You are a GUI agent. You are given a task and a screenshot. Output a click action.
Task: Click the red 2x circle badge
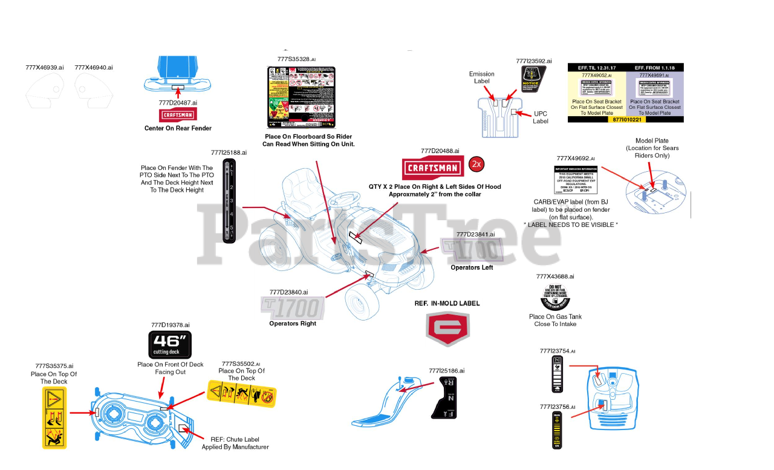[x=476, y=165]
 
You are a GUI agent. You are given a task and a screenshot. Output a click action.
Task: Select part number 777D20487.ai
[x=178, y=103]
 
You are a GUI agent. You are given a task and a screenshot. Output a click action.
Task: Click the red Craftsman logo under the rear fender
[x=177, y=115]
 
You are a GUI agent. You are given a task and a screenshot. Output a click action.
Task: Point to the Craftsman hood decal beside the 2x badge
[x=432, y=168]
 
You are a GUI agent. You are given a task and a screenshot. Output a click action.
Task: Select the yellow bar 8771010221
[x=626, y=119]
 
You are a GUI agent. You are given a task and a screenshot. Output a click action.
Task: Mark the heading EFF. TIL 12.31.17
[x=596, y=67]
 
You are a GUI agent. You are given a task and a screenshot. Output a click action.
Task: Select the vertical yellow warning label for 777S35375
[x=54, y=418]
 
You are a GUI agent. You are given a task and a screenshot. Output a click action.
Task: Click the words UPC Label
[x=541, y=117]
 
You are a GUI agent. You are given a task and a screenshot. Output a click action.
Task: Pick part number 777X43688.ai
[x=555, y=276]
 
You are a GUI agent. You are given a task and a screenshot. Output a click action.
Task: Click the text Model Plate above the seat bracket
[x=652, y=141]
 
